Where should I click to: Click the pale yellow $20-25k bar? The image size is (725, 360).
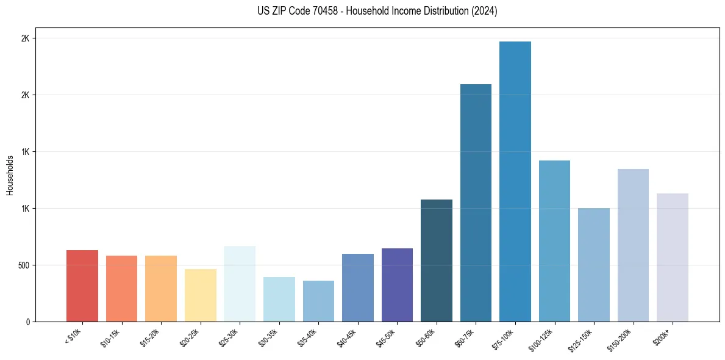201,295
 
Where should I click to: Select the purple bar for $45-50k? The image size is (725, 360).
397,285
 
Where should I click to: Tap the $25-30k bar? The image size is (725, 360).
240,284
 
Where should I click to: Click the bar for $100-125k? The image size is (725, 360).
554,241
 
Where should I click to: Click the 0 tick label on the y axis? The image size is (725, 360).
28,322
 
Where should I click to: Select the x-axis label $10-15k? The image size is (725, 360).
110,338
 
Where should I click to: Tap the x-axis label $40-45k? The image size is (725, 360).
346,338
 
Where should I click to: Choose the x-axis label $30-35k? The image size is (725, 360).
268,338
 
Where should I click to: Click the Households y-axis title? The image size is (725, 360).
10,175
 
